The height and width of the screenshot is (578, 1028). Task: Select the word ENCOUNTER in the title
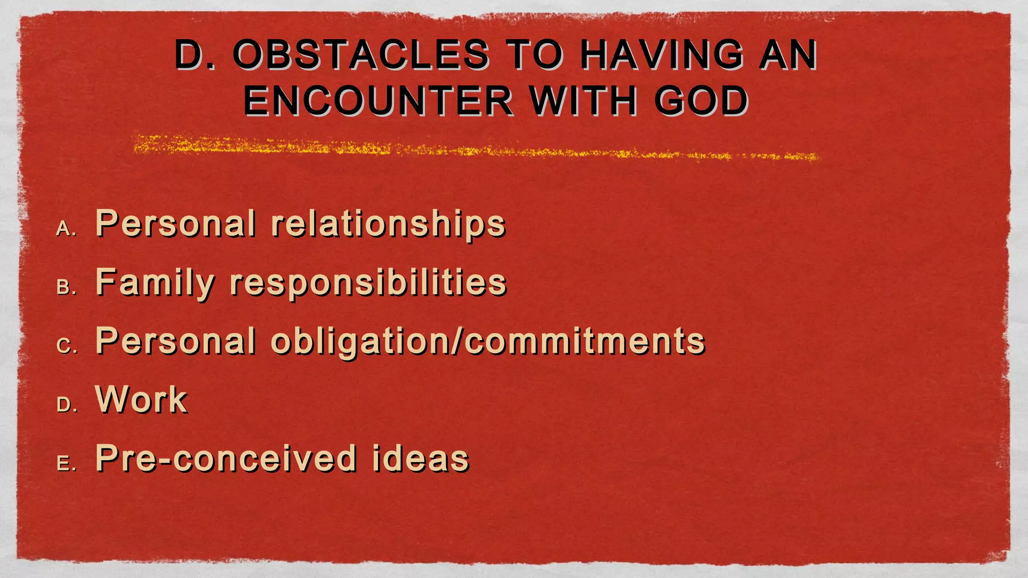378,101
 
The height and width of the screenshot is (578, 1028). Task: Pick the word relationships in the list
388,224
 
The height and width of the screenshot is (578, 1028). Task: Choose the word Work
141,400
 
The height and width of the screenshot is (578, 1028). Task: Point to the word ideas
420,459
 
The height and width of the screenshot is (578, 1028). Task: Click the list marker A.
66,229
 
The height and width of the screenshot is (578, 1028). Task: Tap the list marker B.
66,288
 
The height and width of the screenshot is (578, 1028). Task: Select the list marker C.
66,347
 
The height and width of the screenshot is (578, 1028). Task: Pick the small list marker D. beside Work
66,405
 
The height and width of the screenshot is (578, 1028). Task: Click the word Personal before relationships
175,224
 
